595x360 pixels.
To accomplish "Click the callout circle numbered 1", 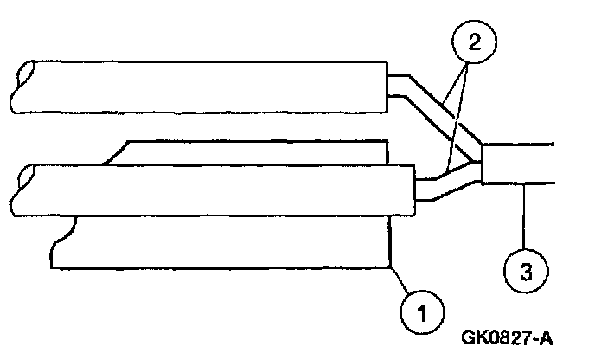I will [x=420, y=309].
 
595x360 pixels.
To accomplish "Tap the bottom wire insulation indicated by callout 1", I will [x=225, y=242].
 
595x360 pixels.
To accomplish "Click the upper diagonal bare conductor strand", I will [x=432, y=108].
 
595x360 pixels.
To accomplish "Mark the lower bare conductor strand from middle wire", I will [x=441, y=186].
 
